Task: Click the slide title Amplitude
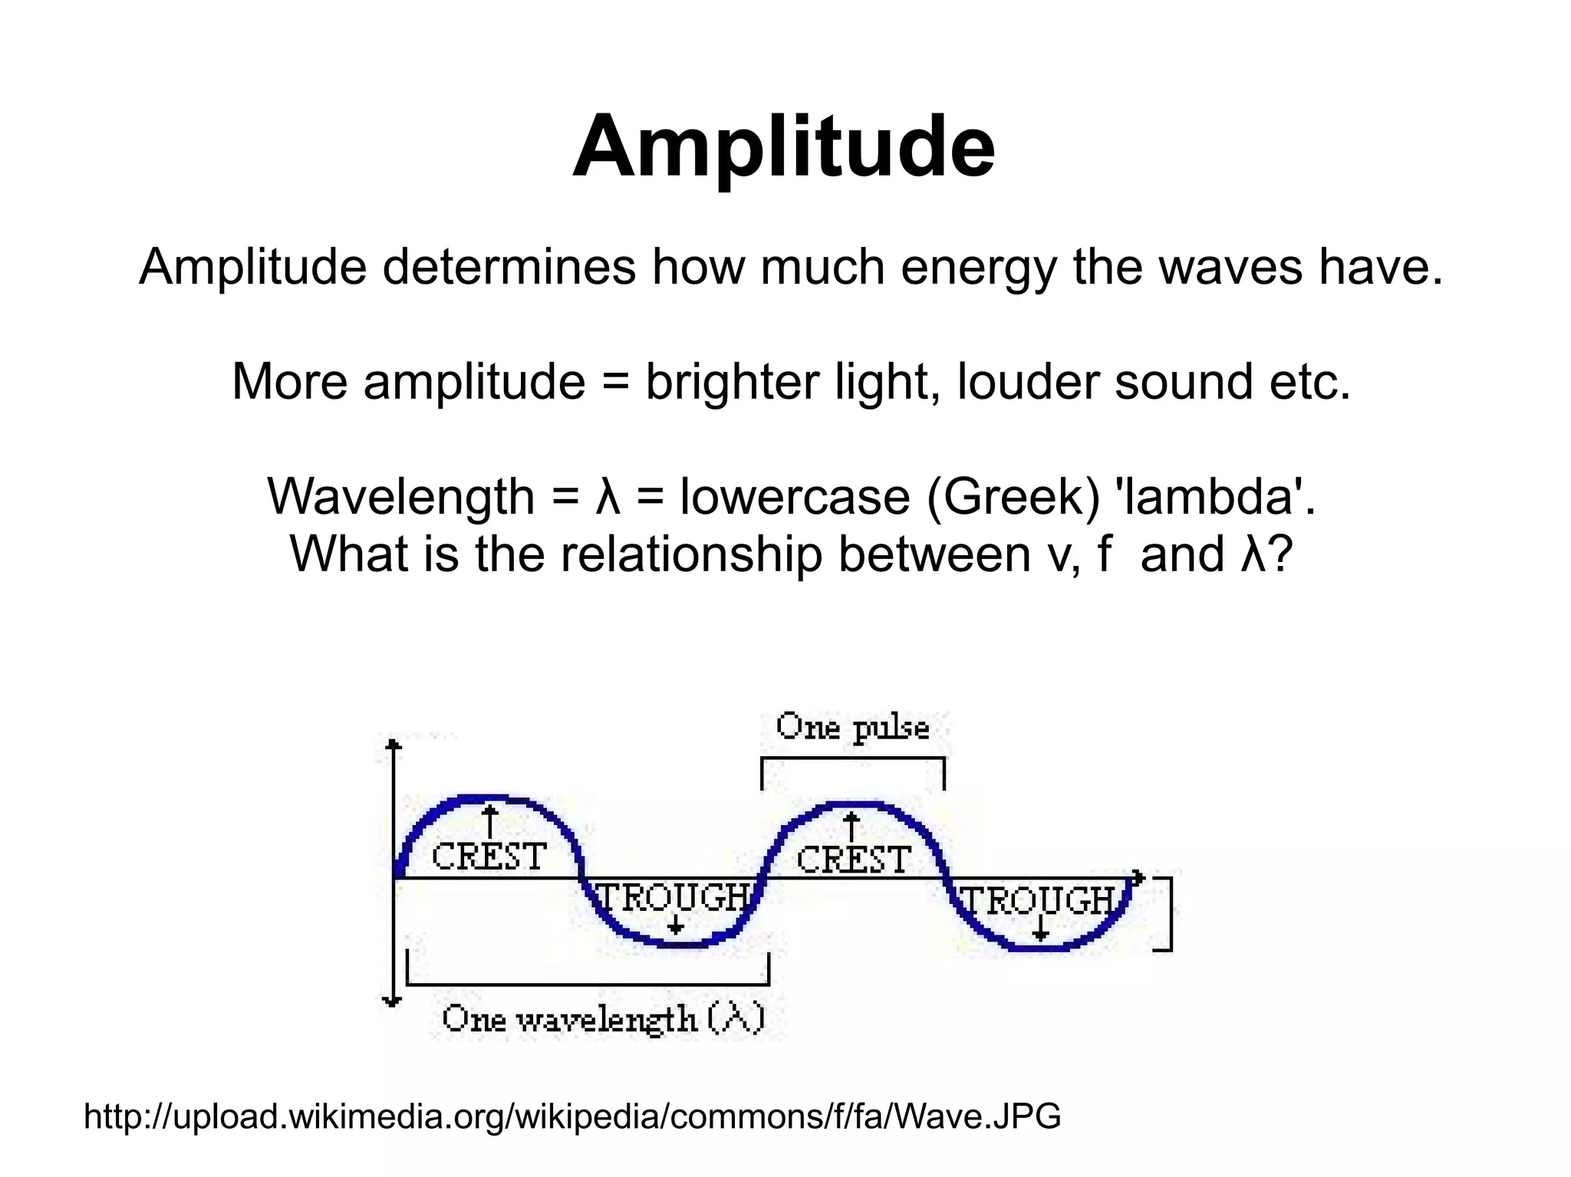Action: click(783, 146)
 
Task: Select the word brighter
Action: click(732, 382)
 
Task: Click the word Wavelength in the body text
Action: click(400, 497)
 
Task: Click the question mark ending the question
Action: click(1280, 554)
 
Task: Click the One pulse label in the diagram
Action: click(852, 727)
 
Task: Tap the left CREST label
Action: click(489, 856)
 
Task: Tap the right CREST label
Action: click(853, 860)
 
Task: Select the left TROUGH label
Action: click(673, 897)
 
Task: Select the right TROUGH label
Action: click(1038, 900)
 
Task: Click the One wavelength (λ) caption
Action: click(603, 1019)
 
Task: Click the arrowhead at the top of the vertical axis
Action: click(394, 745)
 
